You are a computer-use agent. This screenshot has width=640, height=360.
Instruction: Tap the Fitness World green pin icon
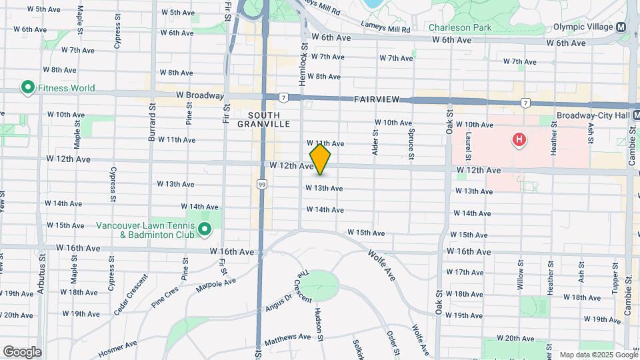(28, 87)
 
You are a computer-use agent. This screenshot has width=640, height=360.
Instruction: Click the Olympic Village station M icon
(621, 27)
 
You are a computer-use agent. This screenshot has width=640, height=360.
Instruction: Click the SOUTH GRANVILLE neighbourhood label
(264, 119)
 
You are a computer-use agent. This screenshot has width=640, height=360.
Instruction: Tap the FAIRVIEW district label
(377, 99)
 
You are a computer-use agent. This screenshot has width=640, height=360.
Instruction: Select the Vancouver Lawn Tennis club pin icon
(205, 231)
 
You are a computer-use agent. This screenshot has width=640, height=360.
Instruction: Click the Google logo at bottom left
(21, 352)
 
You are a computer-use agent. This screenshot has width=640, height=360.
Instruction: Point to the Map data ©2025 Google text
(597, 355)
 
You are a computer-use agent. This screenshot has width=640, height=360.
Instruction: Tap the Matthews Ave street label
(287, 338)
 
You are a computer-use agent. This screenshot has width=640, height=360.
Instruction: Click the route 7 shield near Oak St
(526, 103)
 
